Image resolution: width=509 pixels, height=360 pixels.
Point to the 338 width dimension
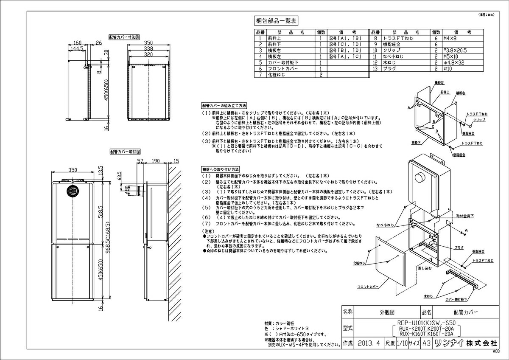click(x=148, y=49)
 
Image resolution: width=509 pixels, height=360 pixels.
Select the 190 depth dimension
click(x=155, y=161)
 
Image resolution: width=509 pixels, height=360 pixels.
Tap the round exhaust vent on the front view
click(x=72, y=191)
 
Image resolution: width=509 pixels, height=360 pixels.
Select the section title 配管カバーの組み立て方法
click(x=224, y=105)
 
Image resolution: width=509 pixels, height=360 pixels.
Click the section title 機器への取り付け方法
click(x=221, y=169)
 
